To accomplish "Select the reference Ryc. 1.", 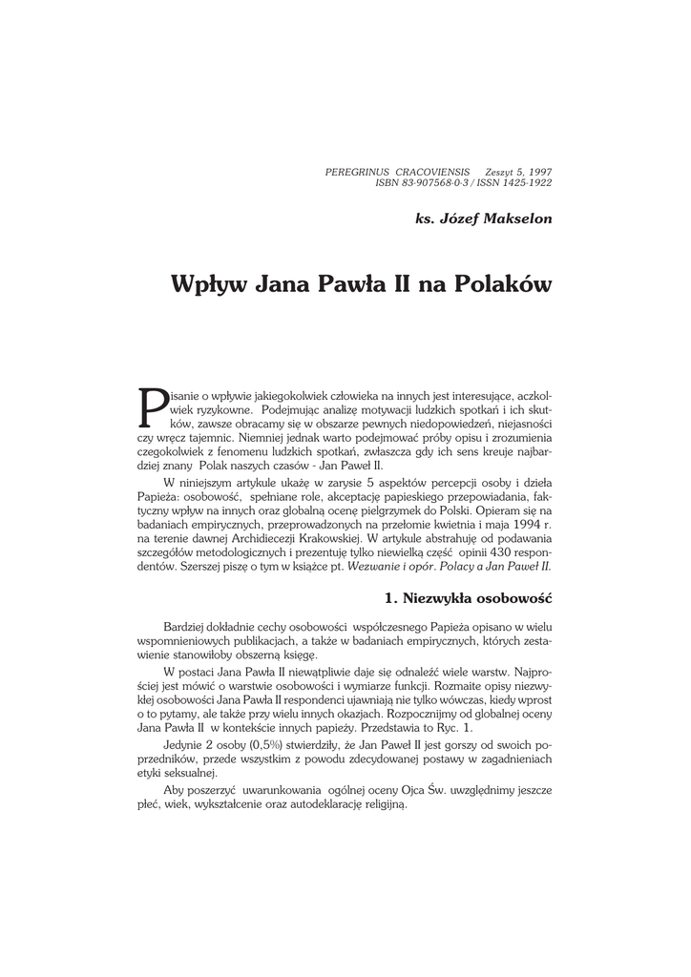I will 456,727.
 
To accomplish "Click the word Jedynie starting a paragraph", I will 181,742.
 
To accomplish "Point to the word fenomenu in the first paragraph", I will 243,452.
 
